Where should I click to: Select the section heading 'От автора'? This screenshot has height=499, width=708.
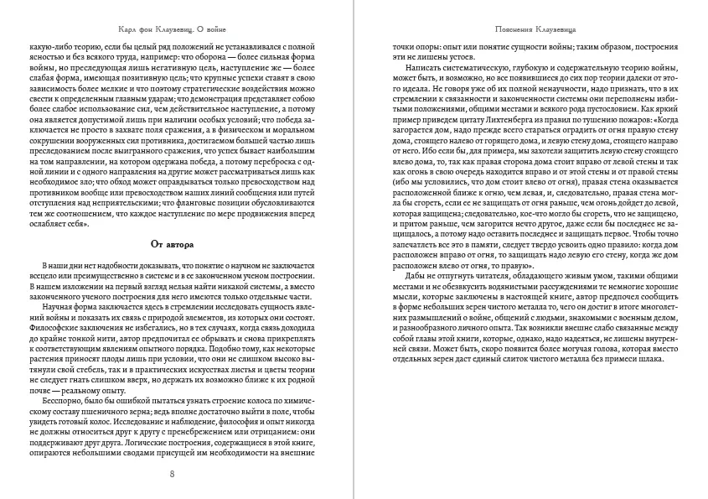click(173, 245)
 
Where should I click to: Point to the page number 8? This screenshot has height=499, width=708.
click(173, 476)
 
